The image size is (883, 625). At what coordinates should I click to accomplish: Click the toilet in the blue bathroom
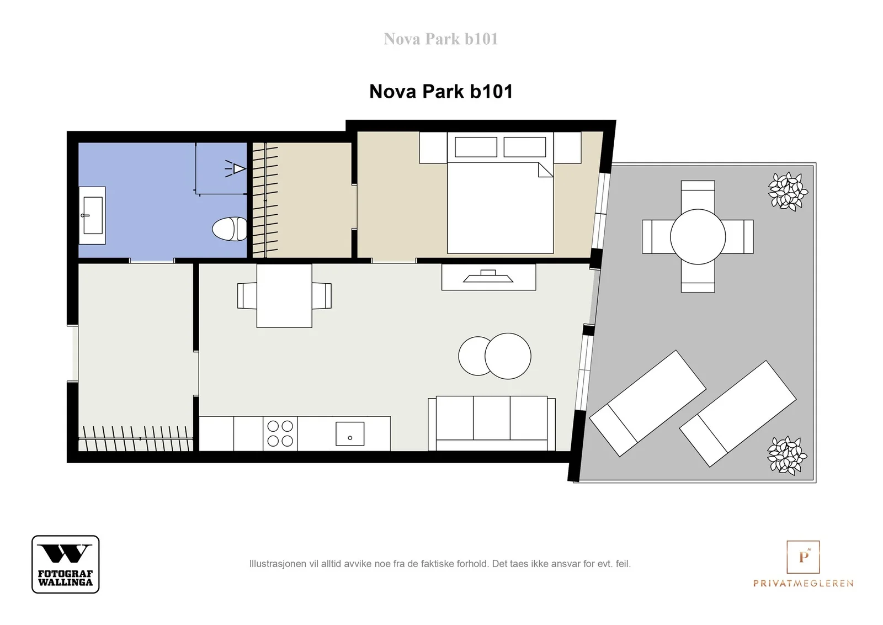click(x=230, y=229)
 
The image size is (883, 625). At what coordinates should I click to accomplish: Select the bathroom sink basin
click(x=93, y=215)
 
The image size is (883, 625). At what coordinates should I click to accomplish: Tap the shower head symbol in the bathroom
click(x=236, y=169)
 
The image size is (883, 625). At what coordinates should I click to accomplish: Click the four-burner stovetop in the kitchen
click(x=280, y=433)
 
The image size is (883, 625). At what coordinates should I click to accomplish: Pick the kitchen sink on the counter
click(x=350, y=434)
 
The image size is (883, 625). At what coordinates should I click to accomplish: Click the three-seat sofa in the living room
click(x=492, y=423)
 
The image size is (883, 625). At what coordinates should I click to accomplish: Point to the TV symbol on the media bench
click(x=488, y=276)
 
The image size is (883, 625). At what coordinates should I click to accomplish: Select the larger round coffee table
click(x=508, y=356)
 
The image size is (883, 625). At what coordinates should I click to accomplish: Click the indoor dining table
click(x=284, y=296)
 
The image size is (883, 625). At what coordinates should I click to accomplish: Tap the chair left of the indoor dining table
click(x=247, y=296)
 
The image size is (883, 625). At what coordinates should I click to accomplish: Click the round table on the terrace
click(x=698, y=237)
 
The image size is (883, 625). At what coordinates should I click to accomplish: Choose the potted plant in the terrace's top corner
click(x=788, y=191)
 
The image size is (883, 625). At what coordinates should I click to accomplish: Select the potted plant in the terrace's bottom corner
click(x=787, y=455)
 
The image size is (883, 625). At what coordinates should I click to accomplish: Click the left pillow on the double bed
click(x=476, y=147)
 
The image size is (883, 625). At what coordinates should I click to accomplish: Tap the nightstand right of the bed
click(x=567, y=147)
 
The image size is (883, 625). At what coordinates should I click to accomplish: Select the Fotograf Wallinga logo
click(x=66, y=564)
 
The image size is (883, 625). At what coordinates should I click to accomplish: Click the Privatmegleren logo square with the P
click(x=803, y=557)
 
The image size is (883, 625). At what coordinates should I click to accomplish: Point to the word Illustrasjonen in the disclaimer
click(x=278, y=564)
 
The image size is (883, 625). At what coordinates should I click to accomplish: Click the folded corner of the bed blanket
click(x=546, y=171)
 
